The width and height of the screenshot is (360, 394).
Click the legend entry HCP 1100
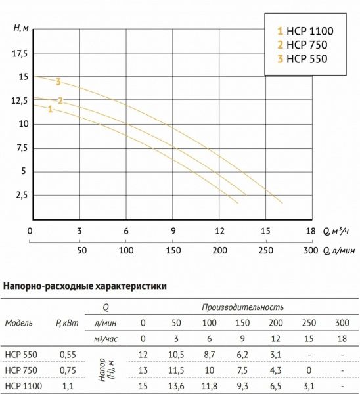click(305, 31)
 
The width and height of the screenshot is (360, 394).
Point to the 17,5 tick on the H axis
click(20, 53)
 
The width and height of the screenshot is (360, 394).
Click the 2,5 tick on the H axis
click(22, 195)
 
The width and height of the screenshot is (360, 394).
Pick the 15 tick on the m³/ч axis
click(265, 231)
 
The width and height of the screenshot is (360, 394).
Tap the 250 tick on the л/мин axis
click(265, 250)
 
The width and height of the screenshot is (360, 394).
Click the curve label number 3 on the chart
click(58, 82)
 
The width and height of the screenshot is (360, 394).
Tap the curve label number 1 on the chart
click(49, 109)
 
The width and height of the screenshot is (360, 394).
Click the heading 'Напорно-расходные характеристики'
click(85, 286)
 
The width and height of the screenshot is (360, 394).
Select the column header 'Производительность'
click(242, 307)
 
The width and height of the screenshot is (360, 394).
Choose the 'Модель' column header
click(20, 322)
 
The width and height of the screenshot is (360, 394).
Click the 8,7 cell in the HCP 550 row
click(209, 354)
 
